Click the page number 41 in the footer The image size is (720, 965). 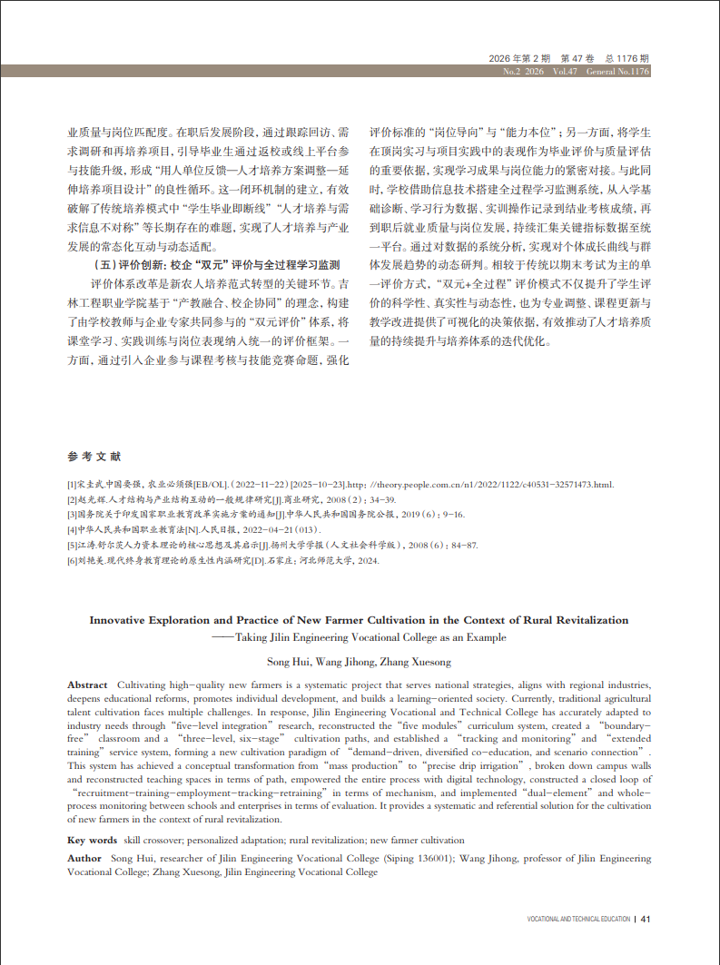point(646,919)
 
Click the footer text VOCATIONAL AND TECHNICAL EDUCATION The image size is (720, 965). point(578,919)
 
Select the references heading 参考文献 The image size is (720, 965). point(94,456)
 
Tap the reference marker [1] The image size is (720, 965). point(73,484)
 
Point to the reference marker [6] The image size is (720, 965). point(73,561)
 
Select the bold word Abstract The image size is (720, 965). point(87,684)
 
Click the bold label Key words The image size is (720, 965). point(93,841)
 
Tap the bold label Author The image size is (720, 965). point(84,858)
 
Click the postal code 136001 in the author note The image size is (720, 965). point(432,858)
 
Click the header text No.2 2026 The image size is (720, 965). point(522,72)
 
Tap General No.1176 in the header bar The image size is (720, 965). point(617,72)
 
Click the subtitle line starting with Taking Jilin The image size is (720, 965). point(370,637)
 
